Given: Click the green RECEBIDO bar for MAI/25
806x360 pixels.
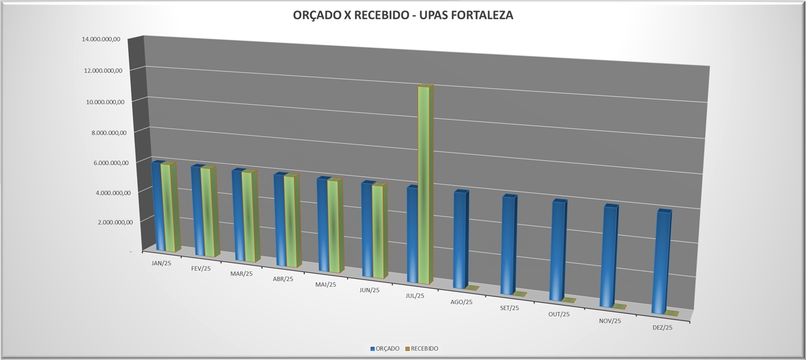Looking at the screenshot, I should pos(333,226).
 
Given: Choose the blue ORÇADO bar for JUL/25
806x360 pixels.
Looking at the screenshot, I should pos(413,235).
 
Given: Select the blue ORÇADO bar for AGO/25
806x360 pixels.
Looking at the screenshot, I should pos(460,240).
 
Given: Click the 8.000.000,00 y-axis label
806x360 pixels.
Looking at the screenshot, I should pos(104,132).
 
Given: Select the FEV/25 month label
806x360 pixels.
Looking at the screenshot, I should pos(201,269).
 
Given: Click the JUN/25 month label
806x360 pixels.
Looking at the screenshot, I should pos(369,290).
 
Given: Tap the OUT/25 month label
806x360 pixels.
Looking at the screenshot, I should pos(559,314).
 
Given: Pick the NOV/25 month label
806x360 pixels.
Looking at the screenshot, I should pos(610,321).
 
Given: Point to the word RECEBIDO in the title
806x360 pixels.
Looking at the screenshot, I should pos(380,15).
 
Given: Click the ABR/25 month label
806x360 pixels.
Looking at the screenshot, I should pos(283,279).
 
